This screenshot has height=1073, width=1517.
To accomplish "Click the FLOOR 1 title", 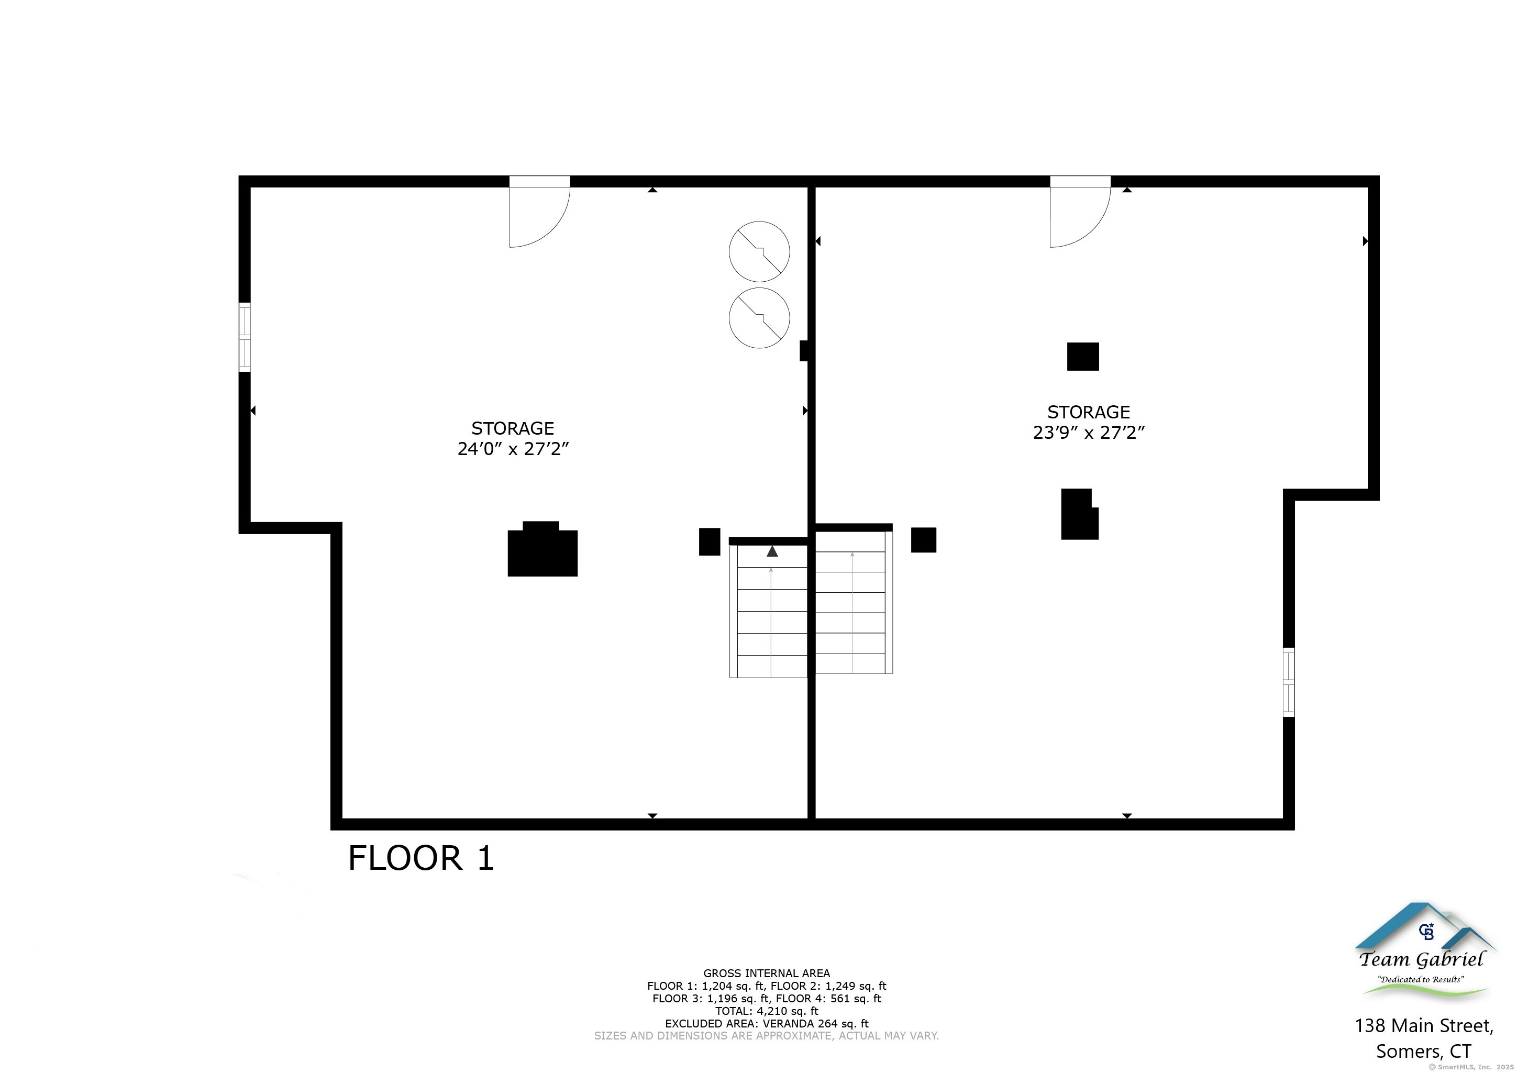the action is pyautogui.click(x=421, y=858).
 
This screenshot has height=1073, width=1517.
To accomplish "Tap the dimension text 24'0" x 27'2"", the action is pyautogui.click(x=513, y=449).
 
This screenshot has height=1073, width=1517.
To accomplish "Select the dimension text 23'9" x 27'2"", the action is pyautogui.click(x=1089, y=433).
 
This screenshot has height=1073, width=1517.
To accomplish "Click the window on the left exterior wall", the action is pyautogui.click(x=245, y=337).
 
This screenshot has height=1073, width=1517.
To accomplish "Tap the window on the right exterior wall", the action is pyautogui.click(x=1288, y=682).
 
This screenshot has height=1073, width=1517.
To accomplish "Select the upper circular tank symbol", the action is pyautogui.click(x=759, y=252).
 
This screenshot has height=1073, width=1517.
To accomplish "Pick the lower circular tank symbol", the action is pyautogui.click(x=759, y=318).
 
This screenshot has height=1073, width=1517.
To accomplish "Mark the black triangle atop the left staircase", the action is pyautogui.click(x=772, y=551).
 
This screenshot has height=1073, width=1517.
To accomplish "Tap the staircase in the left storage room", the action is pyautogui.click(x=768, y=607).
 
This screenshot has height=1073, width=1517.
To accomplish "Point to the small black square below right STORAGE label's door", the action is pyautogui.click(x=1083, y=357).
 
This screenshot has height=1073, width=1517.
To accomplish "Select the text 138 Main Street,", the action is pyautogui.click(x=1424, y=1025).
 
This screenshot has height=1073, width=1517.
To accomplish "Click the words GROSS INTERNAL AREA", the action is pyautogui.click(x=767, y=973).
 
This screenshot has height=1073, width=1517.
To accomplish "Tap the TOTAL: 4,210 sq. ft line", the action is pyautogui.click(x=767, y=1011).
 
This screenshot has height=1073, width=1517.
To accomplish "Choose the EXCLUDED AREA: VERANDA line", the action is pyautogui.click(x=767, y=1023).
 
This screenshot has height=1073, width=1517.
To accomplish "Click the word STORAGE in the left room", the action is pyautogui.click(x=513, y=428).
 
